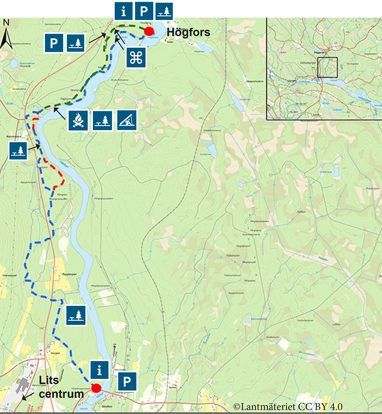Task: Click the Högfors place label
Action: [x=188, y=32]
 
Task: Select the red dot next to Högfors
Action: [x=149, y=31]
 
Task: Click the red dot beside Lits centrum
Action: [x=96, y=388]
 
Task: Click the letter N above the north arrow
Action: [x=6, y=23]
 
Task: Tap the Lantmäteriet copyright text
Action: [x=287, y=407]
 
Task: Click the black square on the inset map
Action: [x=327, y=67]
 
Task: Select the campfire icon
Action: [x=78, y=121]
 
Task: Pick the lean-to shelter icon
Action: [x=127, y=121]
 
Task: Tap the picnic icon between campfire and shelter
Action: [x=103, y=121]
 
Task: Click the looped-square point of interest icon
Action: [x=136, y=58]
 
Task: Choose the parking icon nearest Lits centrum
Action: [x=127, y=381]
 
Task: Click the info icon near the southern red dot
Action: [x=100, y=370]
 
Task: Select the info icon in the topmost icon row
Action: [x=124, y=11]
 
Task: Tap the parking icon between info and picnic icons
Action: [x=144, y=11]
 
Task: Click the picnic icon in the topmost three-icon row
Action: [x=164, y=11]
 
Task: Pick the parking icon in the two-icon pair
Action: [x=54, y=43]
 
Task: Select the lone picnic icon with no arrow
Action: [x=76, y=315]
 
